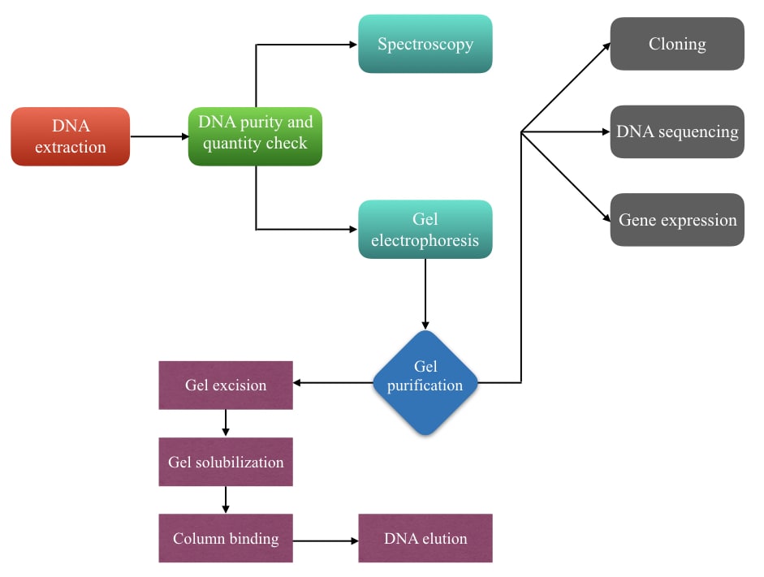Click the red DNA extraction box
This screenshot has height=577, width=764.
pyautogui.click(x=70, y=136)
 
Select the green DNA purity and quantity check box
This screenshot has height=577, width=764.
pyautogui.click(x=255, y=136)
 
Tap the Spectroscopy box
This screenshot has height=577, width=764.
pyautogui.click(x=425, y=44)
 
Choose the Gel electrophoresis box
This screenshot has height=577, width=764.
pyautogui.click(x=425, y=230)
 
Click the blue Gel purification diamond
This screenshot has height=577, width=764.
pyautogui.click(x=425, y=383)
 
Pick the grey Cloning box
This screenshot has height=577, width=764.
pyautogui.click(x=677, y=44)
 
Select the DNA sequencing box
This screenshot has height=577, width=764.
pyautogui.click(x=677, y=131)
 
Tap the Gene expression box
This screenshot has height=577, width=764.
pyautogui.click(x=677, y=220)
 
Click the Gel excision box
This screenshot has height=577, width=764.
pyautogui.click(x=226, y=385)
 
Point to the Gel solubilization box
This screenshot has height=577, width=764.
pyautogui.click(x=226, y=462)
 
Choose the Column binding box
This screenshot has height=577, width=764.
pyautogui.click(x=226, y=538)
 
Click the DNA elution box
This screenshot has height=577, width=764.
pyautogui.click(x=425, y=538)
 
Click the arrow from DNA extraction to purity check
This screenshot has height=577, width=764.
pyautogui.click(x=159, y=136)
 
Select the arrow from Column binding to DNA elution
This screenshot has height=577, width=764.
pyautogui.click(x=326, y=540)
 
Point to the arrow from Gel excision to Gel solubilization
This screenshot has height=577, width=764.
pyautogui.click(x=226, y=423)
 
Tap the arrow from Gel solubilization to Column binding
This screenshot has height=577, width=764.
pyautogui.click(x=226, y=500)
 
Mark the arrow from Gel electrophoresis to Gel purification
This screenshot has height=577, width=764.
pyautogui.click(x=425, y=294)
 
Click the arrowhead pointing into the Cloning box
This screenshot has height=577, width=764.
pyautogui.click(x=606, y=47)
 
